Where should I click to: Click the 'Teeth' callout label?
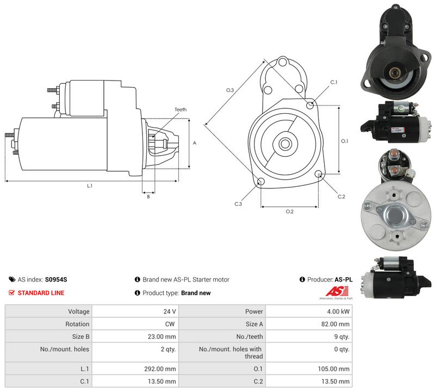click(x=181, y=109)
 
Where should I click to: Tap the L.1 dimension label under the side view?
click(x=90, y=186)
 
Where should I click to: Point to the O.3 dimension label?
click(x=230, y=90)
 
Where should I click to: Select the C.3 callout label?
click(x=238, y=204)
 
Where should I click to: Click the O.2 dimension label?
click(x=290, y=212)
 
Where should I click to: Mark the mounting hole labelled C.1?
click(x=310, y=105)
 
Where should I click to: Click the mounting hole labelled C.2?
click(x=319, y=174)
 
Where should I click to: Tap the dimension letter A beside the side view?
click(x=195, y=143)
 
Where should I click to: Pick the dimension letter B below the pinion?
click(x=148, y=197)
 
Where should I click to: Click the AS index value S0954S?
click(x=56, y=279)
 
